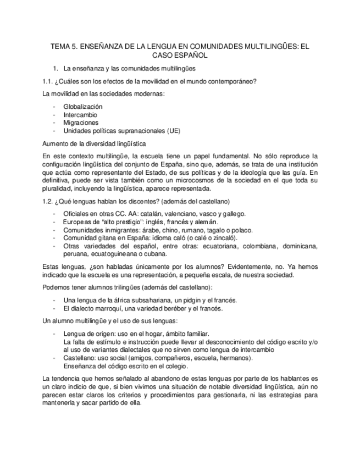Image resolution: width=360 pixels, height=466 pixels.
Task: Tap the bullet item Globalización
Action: pos(83,107)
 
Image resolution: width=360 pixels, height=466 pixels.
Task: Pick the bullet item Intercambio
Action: pos(80,115)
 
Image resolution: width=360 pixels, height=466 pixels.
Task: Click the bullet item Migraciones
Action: pos(81,123)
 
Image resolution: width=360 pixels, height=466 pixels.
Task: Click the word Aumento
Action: pos(56,143)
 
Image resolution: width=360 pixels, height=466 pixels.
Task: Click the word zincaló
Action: pos(223,238)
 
